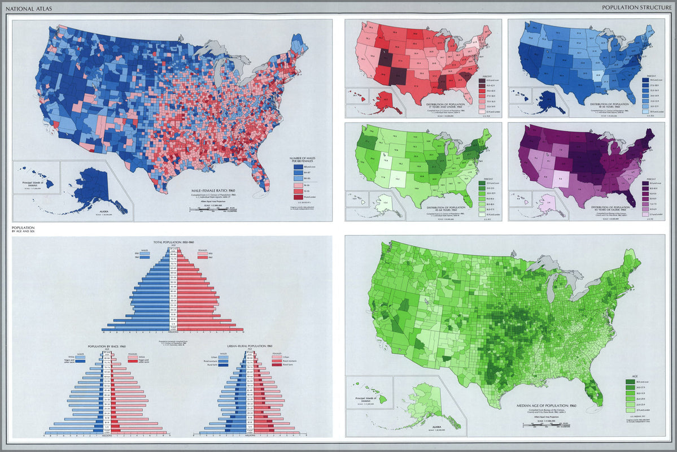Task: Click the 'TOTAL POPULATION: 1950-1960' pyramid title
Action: pos(173,241)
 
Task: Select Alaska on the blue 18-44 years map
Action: pos(545,102)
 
